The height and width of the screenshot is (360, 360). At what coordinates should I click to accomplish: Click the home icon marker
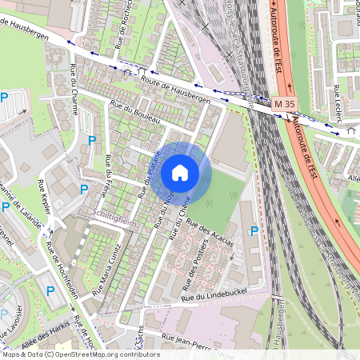click(180, 173)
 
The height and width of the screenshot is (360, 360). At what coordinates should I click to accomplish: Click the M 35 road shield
click(281, 104)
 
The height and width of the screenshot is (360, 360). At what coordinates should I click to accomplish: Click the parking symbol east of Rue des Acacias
click(254, 231)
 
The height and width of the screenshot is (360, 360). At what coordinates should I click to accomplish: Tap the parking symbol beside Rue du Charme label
click(92, 140)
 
